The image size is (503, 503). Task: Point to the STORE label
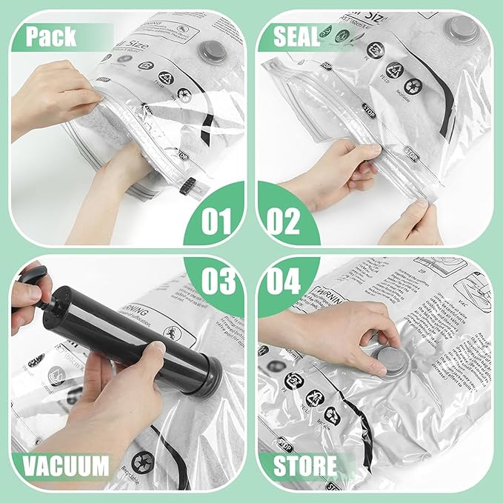[304, 467]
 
